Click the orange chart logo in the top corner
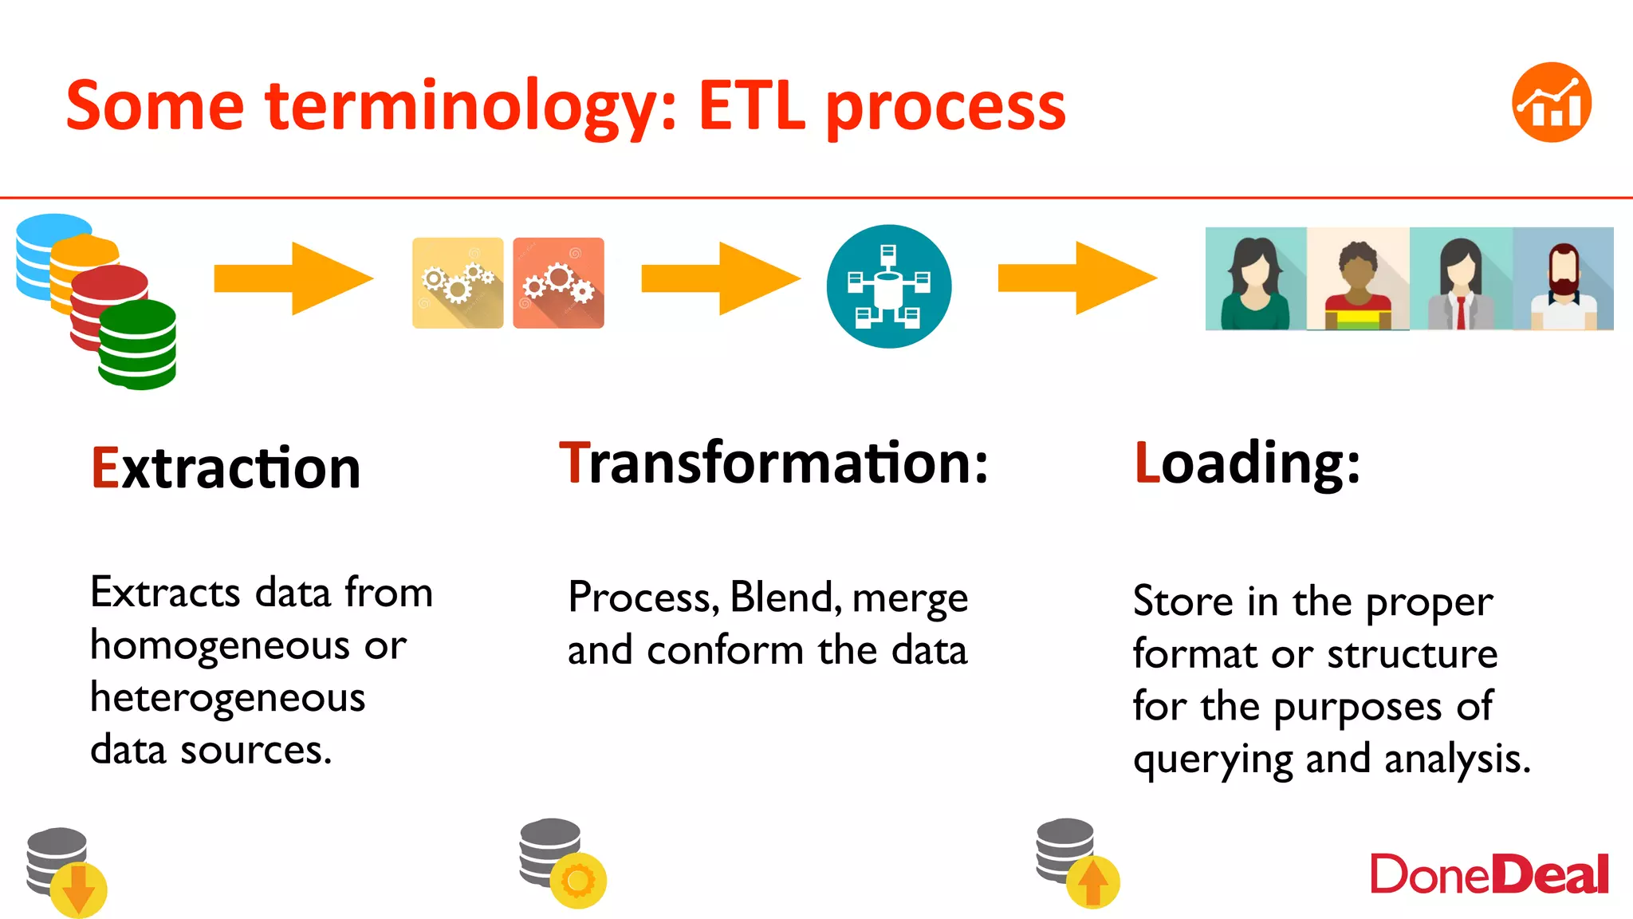(1551, 102)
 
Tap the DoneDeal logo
(1489, 875)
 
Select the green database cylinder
(138, 345)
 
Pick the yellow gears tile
(458, 282)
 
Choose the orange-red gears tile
(558, 282)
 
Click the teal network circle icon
(888, 286)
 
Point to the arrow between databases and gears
(293, 278)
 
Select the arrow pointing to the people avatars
(1076, 278)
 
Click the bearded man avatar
(1564, 278)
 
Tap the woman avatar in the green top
(1256, 278)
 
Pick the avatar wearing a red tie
(1461, 278)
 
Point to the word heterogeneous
(228, 697)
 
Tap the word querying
(1213, 759)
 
